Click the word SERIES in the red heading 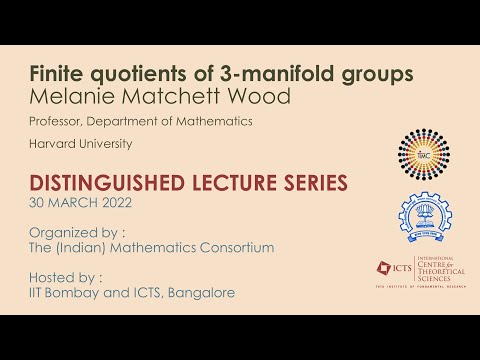pos(310,183)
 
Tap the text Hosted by pos(58,276)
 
